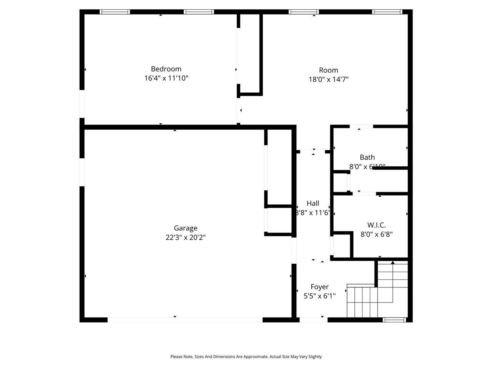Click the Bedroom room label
coord(166,69)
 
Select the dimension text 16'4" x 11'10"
coord(166,78)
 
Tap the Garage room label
coord(185,228)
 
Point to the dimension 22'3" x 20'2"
coord(185,238)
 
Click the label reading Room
coord(328,70)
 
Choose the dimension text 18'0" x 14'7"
coord(328,80)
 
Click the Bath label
coord(367,157)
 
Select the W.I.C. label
coord(376,225)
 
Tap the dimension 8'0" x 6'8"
coord(376,234)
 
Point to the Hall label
coord(313,203)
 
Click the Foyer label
coord(319,287)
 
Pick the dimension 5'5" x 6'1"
coord(319,296)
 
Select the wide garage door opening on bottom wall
coord(185,319)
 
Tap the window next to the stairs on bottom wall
coord(394,319)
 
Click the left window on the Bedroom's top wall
coord(115,12)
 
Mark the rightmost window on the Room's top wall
coord(387,12)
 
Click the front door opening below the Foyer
coord(313,319)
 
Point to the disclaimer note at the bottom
coord(246,357)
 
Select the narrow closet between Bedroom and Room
coord(250,54)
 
